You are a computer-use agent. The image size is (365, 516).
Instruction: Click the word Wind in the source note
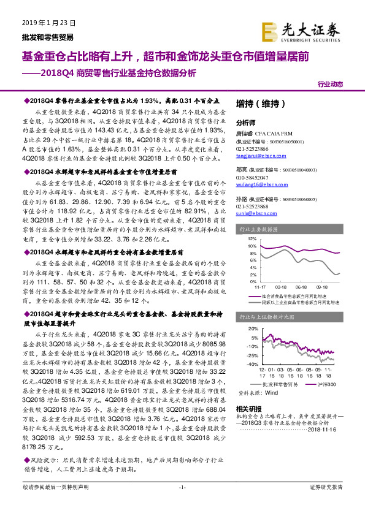click(x=272, y=392)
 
